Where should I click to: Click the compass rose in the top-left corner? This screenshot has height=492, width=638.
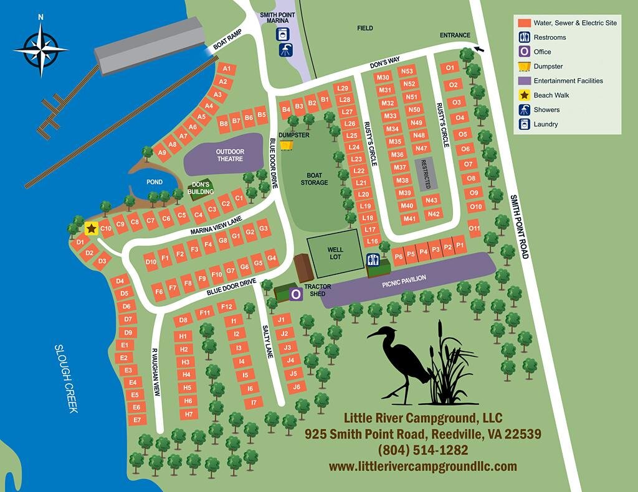(40, 49)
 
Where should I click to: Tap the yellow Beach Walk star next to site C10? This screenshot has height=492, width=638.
(91, 229)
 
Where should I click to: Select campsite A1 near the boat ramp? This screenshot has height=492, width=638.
(226, 68)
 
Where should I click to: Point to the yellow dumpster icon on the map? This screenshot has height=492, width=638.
(286, 145)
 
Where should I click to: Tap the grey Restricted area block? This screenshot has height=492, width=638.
(427, 173)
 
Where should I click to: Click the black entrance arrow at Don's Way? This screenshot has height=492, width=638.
(478, 49)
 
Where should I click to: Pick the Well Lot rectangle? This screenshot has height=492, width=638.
(335, 254)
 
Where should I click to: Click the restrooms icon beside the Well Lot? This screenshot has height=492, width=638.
(374, 260)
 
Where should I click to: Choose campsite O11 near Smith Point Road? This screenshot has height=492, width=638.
(475, 228)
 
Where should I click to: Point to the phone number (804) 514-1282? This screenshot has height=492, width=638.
(422, 450)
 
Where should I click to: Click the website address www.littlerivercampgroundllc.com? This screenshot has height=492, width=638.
(422, 466)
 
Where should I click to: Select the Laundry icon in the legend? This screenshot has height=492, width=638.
(525, 124)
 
